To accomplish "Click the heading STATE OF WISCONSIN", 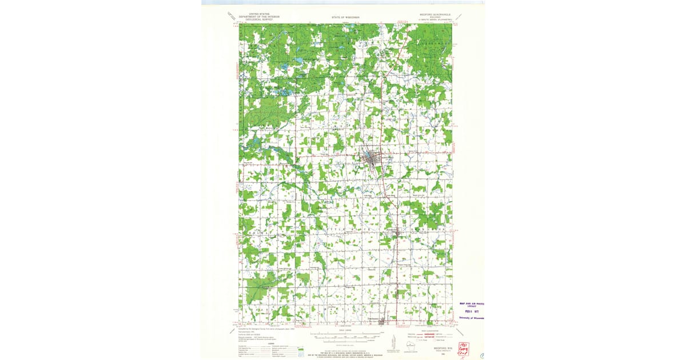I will (345, 18).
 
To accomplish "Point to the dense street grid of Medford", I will (373, 161).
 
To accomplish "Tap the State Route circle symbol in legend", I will (435, 340).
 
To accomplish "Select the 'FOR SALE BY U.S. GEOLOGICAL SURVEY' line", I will (346, 353).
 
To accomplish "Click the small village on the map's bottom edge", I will (381, 322).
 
